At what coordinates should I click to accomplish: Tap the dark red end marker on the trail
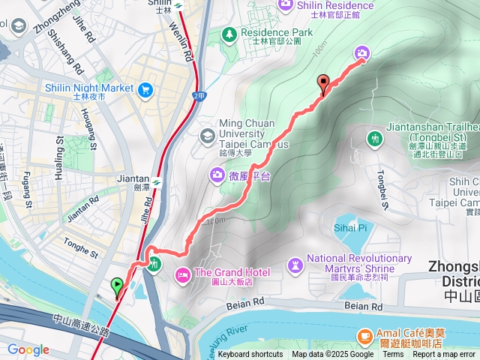coord(324,83)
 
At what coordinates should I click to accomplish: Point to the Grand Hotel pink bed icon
coord(183,273)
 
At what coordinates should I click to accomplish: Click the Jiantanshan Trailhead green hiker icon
coord(374,138)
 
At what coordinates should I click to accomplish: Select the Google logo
coord(28,349)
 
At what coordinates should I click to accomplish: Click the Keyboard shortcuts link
coord(250,355)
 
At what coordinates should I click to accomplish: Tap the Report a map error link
coord(444,355)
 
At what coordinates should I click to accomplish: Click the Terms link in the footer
coord(393,355)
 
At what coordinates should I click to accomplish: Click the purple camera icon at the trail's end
coord(361,52)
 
